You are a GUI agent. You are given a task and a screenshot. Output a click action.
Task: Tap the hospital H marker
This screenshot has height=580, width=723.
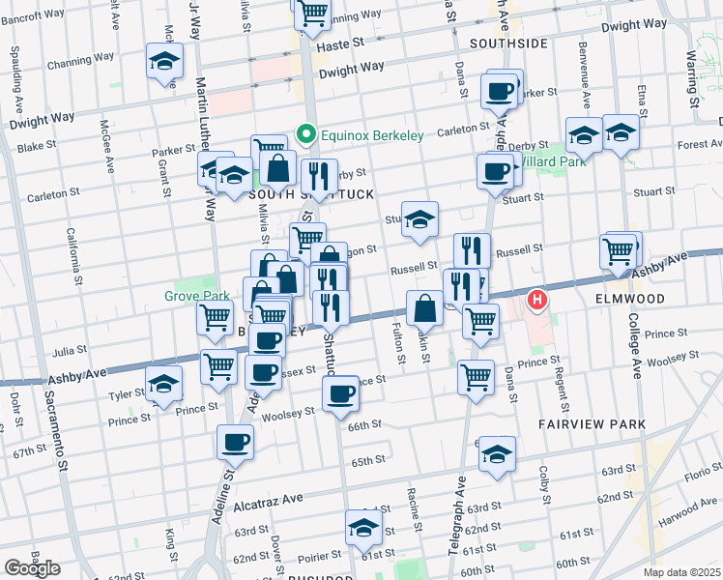535,302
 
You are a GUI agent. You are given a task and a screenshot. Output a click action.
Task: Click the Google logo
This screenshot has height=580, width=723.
31,568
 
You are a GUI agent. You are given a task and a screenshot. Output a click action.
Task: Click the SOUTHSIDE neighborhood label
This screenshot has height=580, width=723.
508,43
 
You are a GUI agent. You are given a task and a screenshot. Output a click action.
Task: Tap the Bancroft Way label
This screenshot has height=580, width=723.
42,17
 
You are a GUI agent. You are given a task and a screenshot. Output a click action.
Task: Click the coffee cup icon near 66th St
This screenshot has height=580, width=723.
340,394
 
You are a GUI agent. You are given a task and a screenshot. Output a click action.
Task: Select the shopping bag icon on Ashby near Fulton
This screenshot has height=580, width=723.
425,309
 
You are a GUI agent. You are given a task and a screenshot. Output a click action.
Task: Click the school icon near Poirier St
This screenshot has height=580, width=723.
363,528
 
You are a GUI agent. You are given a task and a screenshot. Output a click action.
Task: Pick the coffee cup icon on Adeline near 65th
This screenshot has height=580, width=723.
235,443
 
